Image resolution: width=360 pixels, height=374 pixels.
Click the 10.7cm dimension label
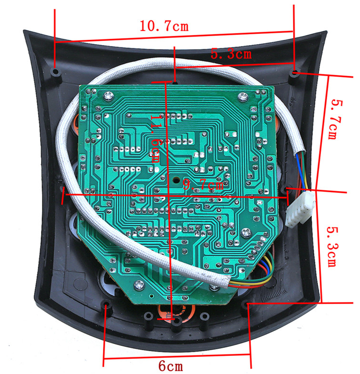[x=164, y=26]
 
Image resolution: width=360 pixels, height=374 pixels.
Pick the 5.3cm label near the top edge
[x=231, y=54]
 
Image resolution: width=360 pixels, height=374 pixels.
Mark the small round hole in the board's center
[x=176, y=181]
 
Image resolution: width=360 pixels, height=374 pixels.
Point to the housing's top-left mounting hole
[x=56, y=72]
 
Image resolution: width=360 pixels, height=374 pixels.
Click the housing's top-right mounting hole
[x=295, y=73]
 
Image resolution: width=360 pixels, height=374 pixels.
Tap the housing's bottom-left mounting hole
[x=105, y=304]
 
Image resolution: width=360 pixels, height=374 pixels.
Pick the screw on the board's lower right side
[x=246, y=233]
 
